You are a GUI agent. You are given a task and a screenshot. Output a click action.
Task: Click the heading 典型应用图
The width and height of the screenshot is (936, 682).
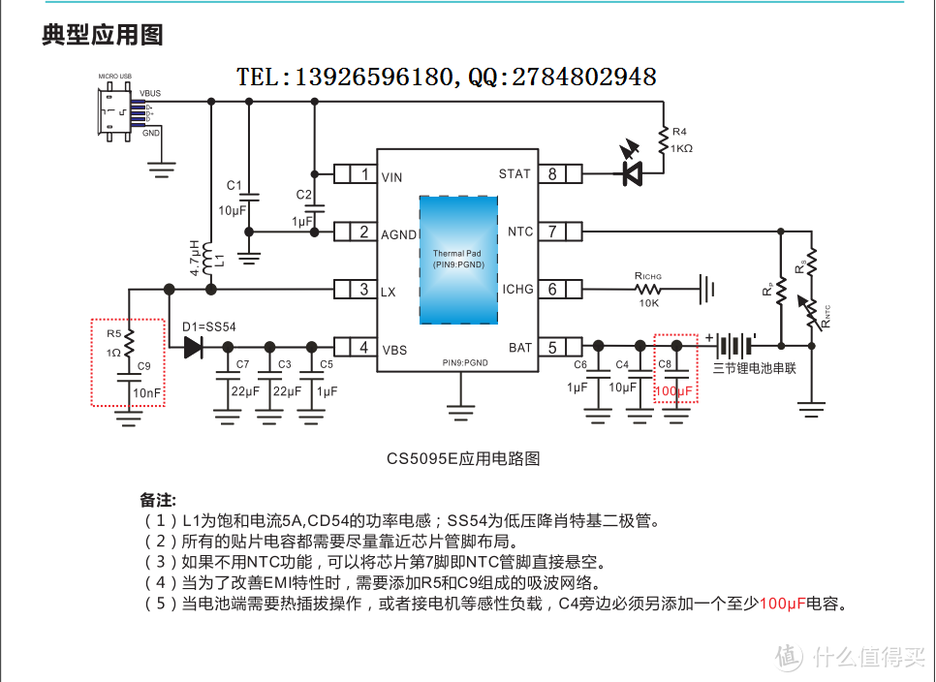point(103,36)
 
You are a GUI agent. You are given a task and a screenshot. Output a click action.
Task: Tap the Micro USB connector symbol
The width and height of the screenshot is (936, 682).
point(116,112)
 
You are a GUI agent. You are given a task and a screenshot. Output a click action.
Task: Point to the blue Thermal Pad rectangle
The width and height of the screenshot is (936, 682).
point(457,260)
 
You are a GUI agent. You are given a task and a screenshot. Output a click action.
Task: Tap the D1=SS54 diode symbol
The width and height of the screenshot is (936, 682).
point(194,347)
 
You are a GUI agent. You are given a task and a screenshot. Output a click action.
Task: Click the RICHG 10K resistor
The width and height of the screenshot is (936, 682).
point(648,289)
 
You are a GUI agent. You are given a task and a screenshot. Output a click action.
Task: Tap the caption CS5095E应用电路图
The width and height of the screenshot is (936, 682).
point(462,458)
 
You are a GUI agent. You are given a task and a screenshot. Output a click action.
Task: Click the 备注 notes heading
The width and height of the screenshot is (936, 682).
point(158,500)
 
